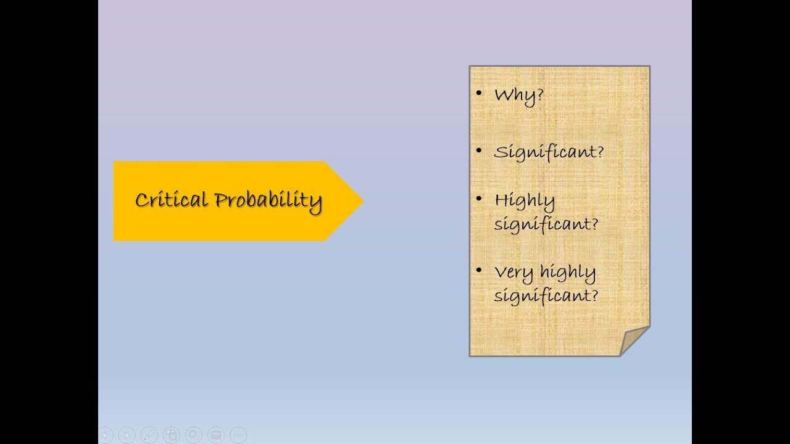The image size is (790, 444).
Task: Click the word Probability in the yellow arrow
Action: (268, 200)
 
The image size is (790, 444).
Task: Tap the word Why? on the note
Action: (518, 96)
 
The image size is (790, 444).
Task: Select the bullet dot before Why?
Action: (479, 94)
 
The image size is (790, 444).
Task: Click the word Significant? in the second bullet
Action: (549, 152)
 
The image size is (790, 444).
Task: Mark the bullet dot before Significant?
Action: (479, 150)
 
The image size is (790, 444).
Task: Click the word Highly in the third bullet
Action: (525, 201)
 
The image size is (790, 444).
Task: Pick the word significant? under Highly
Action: (546, 223)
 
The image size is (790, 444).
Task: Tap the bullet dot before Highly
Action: (479, 199)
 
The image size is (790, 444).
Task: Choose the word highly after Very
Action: (567, 273)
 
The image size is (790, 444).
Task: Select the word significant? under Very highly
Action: (546, 295)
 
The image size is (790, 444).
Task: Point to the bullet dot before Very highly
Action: (479, 270)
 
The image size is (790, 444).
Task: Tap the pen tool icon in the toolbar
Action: (149, 435)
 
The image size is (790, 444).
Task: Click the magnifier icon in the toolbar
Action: (193, 435)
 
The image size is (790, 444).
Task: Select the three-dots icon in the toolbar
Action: (238, 435)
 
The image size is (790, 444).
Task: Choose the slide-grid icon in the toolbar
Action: (171, 435)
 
